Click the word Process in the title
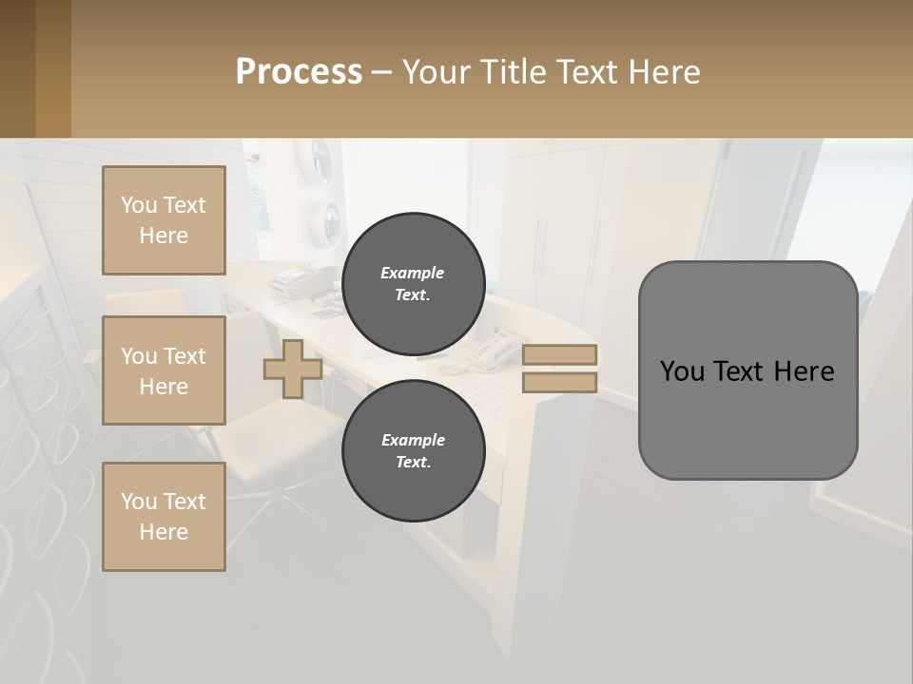point(299,72)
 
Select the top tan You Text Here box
point(164,220)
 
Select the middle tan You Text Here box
point(164,370)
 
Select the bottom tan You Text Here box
point(164,517)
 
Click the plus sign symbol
point(293,369)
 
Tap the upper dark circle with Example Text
point(413,283)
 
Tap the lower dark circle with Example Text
point(413,450)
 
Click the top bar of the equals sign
point(559,355)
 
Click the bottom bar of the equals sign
point(559,383)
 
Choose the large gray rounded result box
point(748,370)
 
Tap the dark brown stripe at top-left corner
point(17,68)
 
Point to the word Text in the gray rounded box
point(743,371)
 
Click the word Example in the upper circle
point(413,273)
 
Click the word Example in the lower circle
point(413,440)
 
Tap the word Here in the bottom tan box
point(164,532)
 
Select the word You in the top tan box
point(139,205)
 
